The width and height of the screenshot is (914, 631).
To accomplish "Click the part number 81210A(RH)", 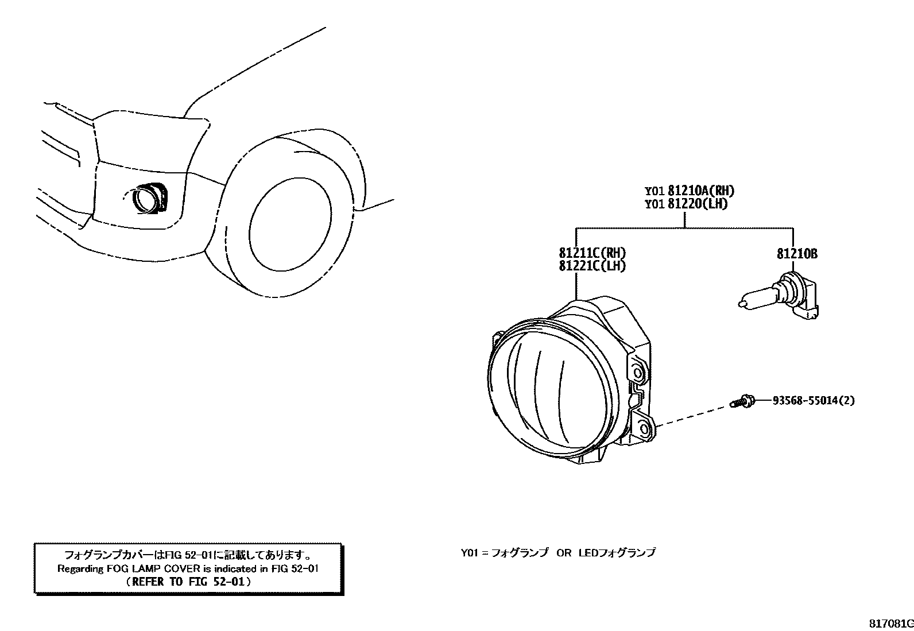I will [x=701, y=191].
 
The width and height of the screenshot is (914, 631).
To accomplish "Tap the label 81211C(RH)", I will [x=592, y=253].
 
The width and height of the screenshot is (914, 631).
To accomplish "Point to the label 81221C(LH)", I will [x=592, y=266].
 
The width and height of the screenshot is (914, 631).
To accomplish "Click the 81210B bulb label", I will [x=797, y=253].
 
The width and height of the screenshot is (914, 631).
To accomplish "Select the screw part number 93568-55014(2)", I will [x=812, y=400].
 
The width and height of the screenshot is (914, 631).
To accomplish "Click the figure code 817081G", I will [x=890, y=623].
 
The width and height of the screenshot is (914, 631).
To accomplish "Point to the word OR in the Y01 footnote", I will [x=564, y=552].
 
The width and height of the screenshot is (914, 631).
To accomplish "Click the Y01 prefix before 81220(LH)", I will [x=654, y=204].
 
